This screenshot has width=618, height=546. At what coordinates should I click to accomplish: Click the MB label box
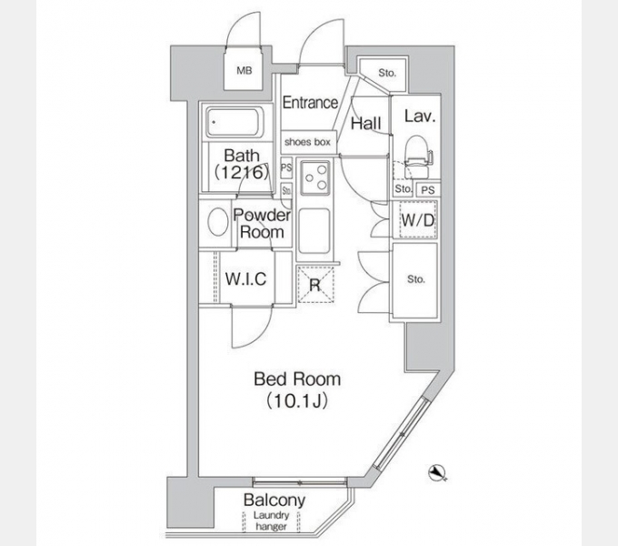pos(244,70)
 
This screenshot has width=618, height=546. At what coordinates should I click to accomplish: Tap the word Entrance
pos(310,103)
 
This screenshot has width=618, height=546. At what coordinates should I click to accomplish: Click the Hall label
pos(365,123)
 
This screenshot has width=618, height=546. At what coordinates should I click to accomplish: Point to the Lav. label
pos(417,116)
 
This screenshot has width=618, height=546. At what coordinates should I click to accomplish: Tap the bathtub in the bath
pos(234,122)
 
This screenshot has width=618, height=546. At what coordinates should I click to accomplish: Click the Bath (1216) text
pos(241,163)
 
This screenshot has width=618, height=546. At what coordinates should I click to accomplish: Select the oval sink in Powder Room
pos(218,223)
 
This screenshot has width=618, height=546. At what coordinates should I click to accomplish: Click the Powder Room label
pos(262,224)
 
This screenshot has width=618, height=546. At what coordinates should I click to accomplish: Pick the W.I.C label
pos(245,279)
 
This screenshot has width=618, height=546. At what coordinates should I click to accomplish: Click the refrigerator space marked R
pos(314,285)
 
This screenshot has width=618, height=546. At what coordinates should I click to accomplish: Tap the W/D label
pos(415,219)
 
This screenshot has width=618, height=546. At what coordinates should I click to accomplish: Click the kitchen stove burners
pos(315,177)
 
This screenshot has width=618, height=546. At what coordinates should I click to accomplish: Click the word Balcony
pos(274,500)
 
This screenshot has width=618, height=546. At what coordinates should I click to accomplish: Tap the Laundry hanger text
pos(274,521)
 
